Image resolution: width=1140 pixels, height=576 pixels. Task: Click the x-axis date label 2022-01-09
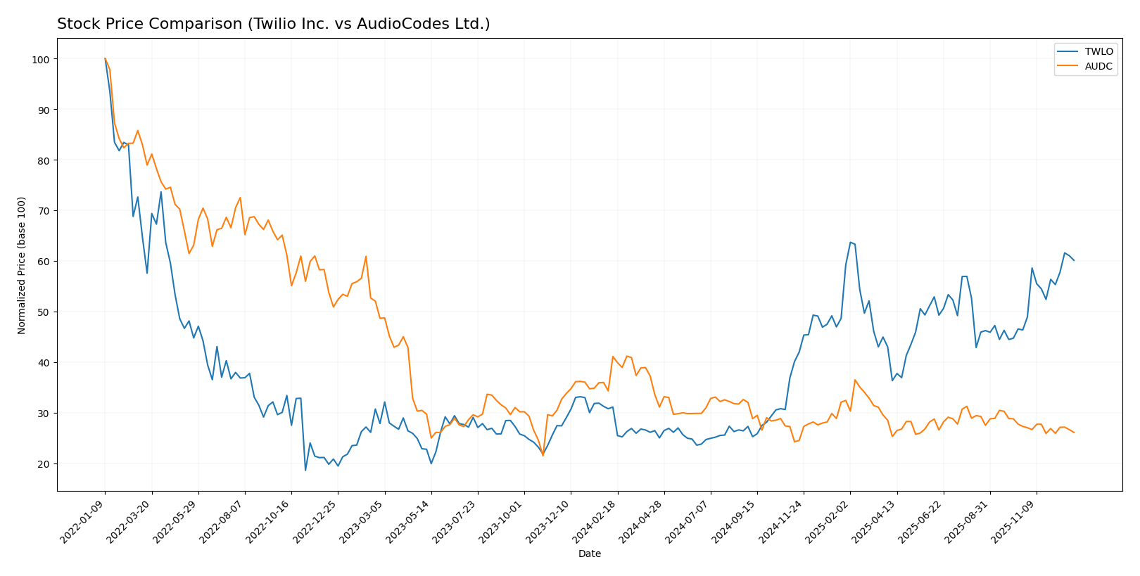click(84, 521)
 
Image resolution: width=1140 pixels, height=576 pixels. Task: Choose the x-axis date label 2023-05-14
click(410, 521)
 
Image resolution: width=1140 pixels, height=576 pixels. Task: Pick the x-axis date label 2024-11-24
click(783, 521)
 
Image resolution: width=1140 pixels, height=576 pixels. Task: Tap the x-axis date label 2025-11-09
click(1015, 521)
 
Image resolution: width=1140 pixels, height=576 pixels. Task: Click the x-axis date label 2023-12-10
click(550, 521)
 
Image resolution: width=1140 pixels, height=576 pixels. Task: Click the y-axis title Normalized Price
click(22, 265)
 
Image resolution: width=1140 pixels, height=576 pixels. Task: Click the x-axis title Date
click(590, 554)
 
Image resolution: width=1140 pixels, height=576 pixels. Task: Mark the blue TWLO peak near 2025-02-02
click(850, 242)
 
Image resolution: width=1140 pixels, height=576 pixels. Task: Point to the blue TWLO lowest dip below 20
click(305, 470)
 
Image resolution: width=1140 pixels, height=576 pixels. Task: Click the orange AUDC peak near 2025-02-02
click(855, 380)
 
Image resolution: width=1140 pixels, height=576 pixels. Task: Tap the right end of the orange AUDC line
click(1074, 433)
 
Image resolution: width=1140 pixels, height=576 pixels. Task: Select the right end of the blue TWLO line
click(1074, 260)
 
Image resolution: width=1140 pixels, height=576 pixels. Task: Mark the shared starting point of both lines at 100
click(105, 59)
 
